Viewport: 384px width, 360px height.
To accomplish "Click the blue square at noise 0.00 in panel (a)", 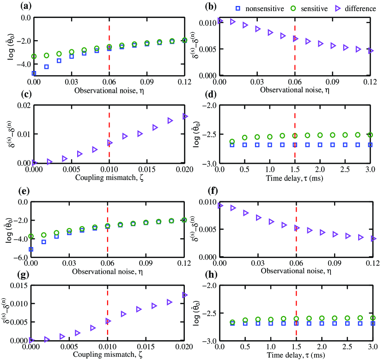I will point(34,73).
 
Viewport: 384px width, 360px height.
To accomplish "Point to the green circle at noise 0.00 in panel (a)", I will point(34,56).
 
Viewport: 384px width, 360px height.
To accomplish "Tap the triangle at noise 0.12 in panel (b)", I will point(371,51).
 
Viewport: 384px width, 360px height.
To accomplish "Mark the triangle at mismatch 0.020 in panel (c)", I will point(185,116).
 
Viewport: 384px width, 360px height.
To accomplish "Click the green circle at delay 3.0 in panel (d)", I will point(370,135).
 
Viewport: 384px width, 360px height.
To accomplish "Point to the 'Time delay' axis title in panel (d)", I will point(294,179).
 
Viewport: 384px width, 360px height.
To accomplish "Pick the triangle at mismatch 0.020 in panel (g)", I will point(185,294).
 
